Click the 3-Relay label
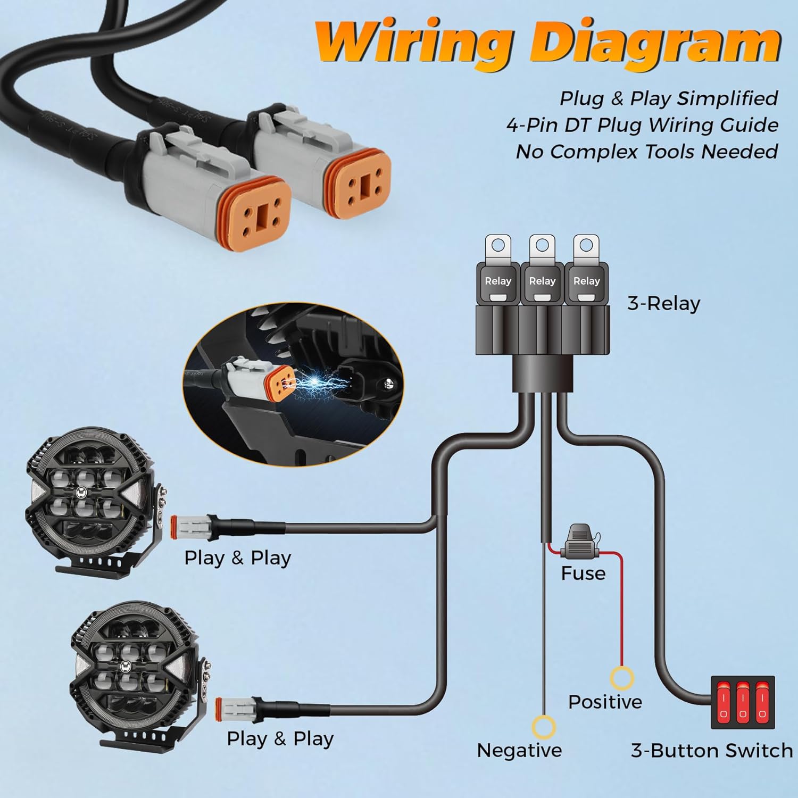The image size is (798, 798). coord(663,303)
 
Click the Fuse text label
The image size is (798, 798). coord(583,573)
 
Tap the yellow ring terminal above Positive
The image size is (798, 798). coord(621,679)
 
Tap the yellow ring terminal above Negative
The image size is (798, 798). coord(544,727)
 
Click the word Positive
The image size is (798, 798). coord(605,702)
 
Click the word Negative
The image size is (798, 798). coord(519,750)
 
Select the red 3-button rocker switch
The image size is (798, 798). coord(743,702)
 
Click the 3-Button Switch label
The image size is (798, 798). coord(712,750)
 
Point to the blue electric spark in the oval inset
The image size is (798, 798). coord(314,380)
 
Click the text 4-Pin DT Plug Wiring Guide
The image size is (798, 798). coord(642,125)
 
